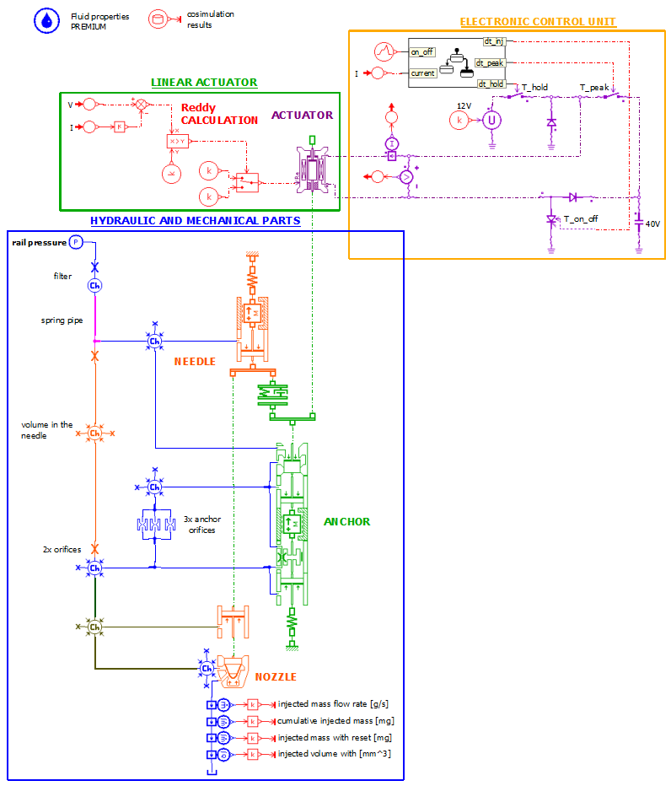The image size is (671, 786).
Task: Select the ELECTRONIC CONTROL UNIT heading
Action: tap(537, 21)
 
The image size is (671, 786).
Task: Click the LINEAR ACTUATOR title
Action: tap(203, 83)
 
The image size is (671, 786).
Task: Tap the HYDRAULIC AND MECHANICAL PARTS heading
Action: tap(195, 221)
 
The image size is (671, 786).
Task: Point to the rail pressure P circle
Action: tap(75, 242)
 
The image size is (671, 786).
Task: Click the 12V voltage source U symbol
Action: tap(491, 121)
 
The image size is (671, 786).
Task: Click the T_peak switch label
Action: tap(594, 87)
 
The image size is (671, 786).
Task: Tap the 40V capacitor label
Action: tap(652, 223)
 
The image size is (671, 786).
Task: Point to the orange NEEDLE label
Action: tap(195, 361)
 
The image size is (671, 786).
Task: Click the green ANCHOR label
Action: tap(346, 521)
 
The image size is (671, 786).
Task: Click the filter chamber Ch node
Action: tap(95, 286)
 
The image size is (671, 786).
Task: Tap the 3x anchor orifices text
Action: tap(199, 525)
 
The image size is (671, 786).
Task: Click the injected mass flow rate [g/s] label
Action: tap(333, 703)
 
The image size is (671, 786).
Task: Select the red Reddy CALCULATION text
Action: tap(219, 114)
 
